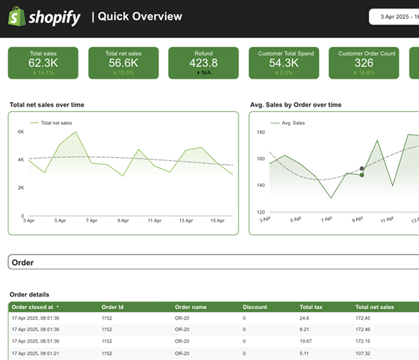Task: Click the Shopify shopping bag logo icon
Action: [16, 17]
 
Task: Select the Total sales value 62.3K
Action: [42, 63]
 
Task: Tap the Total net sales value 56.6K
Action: [123, 63]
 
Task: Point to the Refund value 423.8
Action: [203, 63]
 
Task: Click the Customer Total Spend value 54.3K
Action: [283, 63]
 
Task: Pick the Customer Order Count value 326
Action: [363, 63]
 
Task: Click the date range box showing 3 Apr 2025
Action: [395, 17]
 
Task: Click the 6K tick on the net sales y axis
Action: [20, 132]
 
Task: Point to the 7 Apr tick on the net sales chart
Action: [91, 220]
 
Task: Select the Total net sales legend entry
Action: [56, 123]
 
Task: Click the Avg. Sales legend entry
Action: [292, 123]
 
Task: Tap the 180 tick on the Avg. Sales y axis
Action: [260, 132]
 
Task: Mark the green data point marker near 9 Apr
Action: [362, 175]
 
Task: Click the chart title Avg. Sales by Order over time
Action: [295, 105]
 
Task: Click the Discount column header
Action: [254, 307]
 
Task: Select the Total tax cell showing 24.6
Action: [305, 318]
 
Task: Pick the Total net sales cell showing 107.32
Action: [364, 353]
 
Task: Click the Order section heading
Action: [23, 263]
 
